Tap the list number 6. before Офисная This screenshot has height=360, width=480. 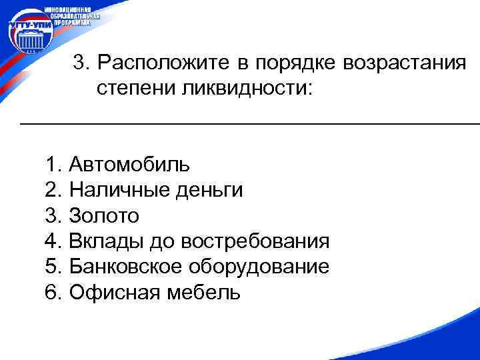coord(54,292)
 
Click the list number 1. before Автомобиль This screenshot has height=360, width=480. coord(54,165)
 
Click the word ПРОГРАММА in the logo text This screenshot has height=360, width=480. coord(72,22)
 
